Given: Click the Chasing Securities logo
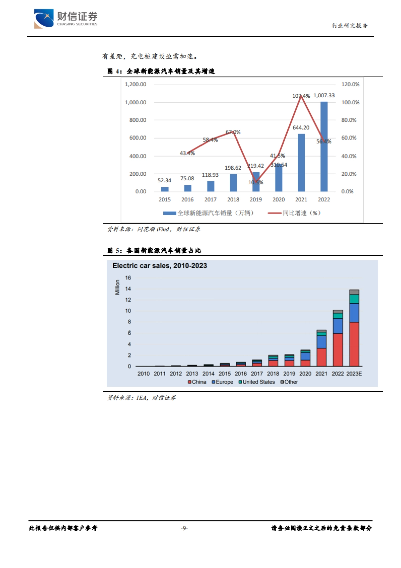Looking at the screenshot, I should point(65,18).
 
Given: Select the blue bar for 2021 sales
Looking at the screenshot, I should point(301,163).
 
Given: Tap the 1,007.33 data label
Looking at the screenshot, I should point(324,95).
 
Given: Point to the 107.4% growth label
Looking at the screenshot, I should point(301,96).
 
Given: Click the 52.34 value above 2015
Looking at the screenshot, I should point(164,180).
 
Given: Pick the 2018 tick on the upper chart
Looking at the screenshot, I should point(233,199).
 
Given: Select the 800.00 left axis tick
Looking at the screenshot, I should point(138,120).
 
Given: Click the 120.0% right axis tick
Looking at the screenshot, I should point(350,84).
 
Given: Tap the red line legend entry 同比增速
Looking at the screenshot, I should point(294,213).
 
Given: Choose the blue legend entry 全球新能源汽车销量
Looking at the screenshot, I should point(208,213).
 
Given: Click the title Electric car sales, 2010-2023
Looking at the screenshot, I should point(159,266).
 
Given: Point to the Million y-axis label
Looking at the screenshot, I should point(117,287).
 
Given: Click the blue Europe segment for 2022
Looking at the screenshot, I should point(338,326).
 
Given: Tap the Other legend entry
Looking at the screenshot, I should point(289,382).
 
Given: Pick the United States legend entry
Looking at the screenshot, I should point(256,382).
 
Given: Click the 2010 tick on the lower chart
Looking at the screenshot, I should point(143,374).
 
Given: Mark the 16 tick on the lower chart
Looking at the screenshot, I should point(128,278).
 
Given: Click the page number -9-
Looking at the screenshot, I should point(184,528).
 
